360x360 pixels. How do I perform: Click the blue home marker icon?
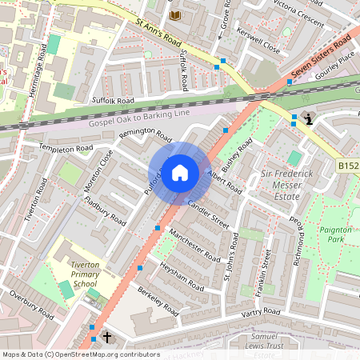pos(180,173)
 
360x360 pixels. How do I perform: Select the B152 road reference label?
pos(347,166)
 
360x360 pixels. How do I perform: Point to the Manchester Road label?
pos(195,247)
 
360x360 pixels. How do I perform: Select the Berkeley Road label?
pos(161,302)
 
